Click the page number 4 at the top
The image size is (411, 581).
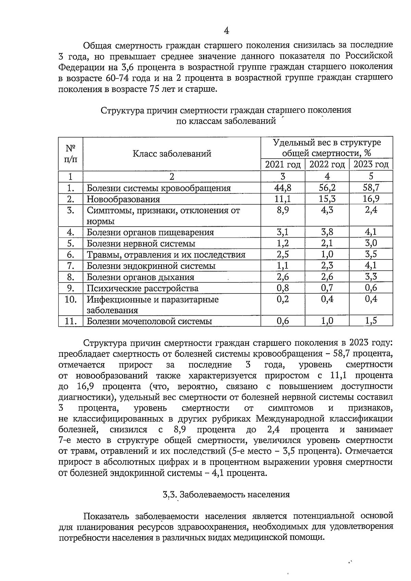pyautogui.click(x=226, y=31)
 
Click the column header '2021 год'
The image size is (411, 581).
pyautogui.click(x=283, y=165)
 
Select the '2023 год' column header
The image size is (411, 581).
pyautogui.click(x=371, y=164)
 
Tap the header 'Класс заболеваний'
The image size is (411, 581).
pyautogui.click(x=172, y=154)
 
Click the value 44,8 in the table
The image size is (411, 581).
pyautogui.click(x=283, y=187)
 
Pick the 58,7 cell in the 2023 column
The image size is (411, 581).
pyautogui.click(x=371, y=187)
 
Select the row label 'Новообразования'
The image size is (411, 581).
pyautogui.click(x=123, y=199)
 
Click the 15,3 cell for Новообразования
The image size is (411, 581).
pyautogui.click(x=327, y=199)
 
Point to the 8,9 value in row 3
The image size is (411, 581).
pyautogui.click(x=283, y=210)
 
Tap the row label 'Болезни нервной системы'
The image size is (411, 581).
pyautogui.click(x=141, y=244)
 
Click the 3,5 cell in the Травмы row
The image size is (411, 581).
pyautogui.click(x=371, y=254)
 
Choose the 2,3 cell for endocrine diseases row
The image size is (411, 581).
pyautogui.click(x=327, y=266)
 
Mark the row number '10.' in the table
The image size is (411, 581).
pyautogui.click(x=71, y=299)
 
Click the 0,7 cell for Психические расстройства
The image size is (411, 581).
pyautogui.click(x=327, y=288)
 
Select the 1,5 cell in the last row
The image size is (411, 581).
pyautogui.click(x=371, y=321)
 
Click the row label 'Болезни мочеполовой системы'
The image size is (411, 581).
pyautogui.click(x=149, y=321)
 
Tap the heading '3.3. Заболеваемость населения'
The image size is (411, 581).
pyautogui.click(x=226, y=494)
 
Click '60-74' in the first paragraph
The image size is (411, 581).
pyautogui.click(x=118, y=78)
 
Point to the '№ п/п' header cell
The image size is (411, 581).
pyautogui.click(x=71, y=154)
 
